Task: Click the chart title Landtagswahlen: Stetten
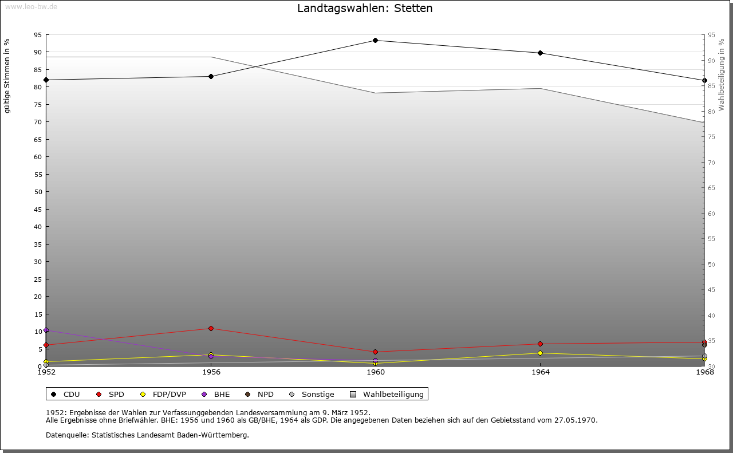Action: point(365,9)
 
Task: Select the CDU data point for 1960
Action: point(375,40)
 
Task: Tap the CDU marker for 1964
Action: point(540,53)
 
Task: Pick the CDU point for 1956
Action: point(211,76)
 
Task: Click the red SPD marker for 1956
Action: point(211,328)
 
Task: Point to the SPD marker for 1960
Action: point(375,352)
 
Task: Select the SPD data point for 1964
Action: point(540,344)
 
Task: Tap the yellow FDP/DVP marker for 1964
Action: point(540,353)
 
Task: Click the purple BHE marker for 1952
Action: point(46,330)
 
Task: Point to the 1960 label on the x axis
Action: point(375,372)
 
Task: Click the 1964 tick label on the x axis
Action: point(540,372)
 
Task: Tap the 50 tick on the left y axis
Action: point(38,192)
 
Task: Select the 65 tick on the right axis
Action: point(711,188)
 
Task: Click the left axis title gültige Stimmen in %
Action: point(7,76)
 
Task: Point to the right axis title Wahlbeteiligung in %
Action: point(722,74)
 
